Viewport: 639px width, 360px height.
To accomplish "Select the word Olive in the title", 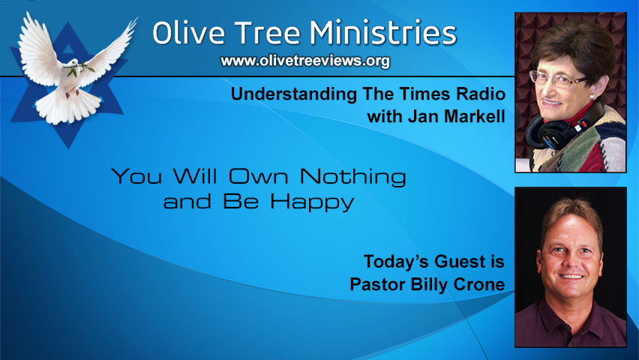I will click(x=186, y=33).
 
